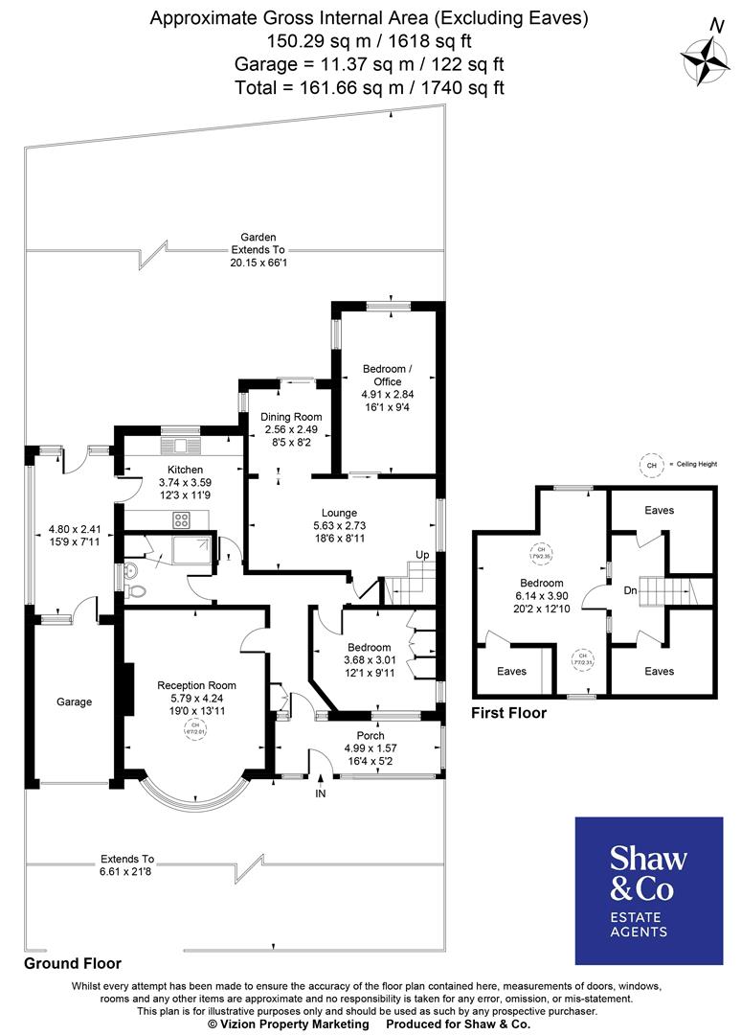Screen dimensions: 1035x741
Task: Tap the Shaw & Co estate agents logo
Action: [x=648, y=890]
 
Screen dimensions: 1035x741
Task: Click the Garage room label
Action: [x=74, y=702]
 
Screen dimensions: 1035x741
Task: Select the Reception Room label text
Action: [x=196, y=686]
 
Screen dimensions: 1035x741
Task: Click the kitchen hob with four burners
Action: [x=182, y=519]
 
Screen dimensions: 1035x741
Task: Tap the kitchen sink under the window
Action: [x=180, y=447]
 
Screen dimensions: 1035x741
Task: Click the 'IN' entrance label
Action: [x=319, y=793]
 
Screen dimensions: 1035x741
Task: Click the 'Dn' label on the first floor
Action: [x=630, y=591]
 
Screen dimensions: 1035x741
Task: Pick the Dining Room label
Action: [x=291, y=417]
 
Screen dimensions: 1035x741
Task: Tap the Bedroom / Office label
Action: [x=387, y=375]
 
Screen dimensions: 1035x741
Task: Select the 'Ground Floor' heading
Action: [x=73, y=962]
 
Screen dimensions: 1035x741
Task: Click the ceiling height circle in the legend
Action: [x=652, y=466]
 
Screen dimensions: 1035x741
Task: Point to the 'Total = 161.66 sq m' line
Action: [x=370, y=87]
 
